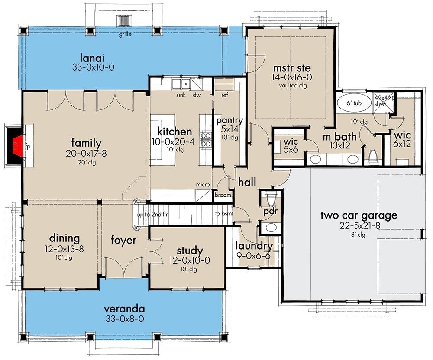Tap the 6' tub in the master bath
354,104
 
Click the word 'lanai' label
93,57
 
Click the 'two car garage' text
352,215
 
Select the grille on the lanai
124,21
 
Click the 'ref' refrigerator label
224,96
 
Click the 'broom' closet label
223,196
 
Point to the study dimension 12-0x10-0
190,261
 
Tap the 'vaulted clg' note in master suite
292,86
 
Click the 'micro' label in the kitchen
203,185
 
